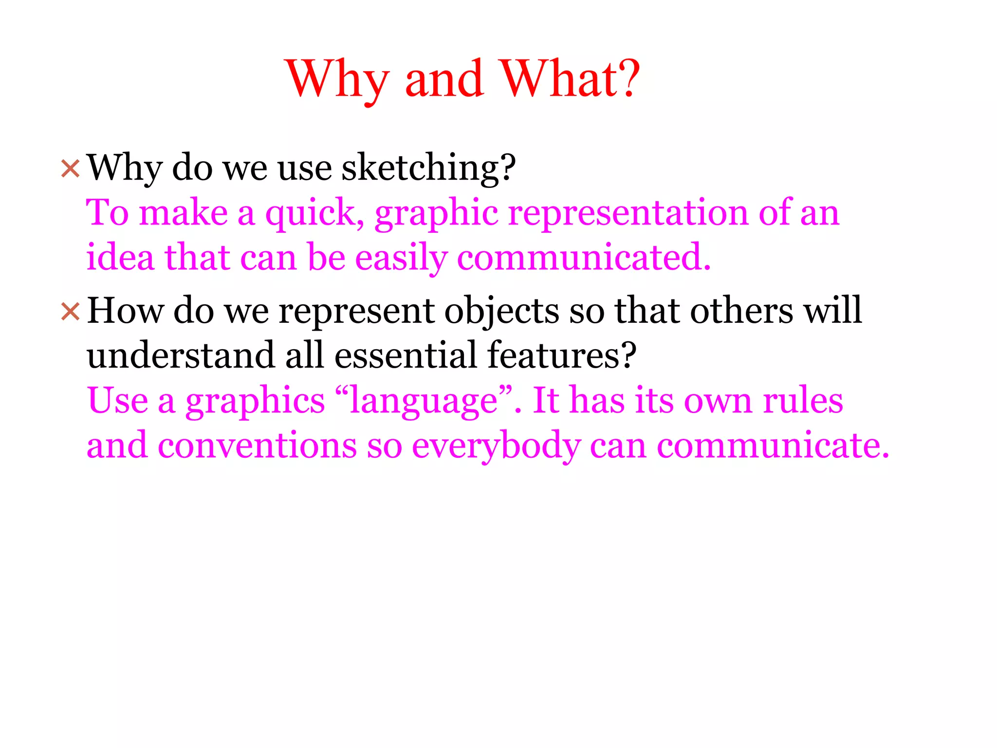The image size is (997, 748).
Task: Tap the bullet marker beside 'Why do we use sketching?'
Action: pyautogui.click(x=70, y=169)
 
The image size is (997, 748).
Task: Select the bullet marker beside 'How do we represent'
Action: pyautogui.click(x=70, y=312)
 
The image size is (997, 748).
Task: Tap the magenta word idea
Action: pyautogui.click(x=120, y=257)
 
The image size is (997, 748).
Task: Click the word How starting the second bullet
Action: pyautogui.click(x=125, y=310)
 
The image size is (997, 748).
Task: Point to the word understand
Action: pyautogui.click(x=181, y=355)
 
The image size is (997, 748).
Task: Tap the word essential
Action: pyautogui.click(x=406, y=355)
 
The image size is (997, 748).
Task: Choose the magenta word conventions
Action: pyautogui.click(x=257, y=446)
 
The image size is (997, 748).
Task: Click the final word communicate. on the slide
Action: pyautogui.click(x=773, y=446)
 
